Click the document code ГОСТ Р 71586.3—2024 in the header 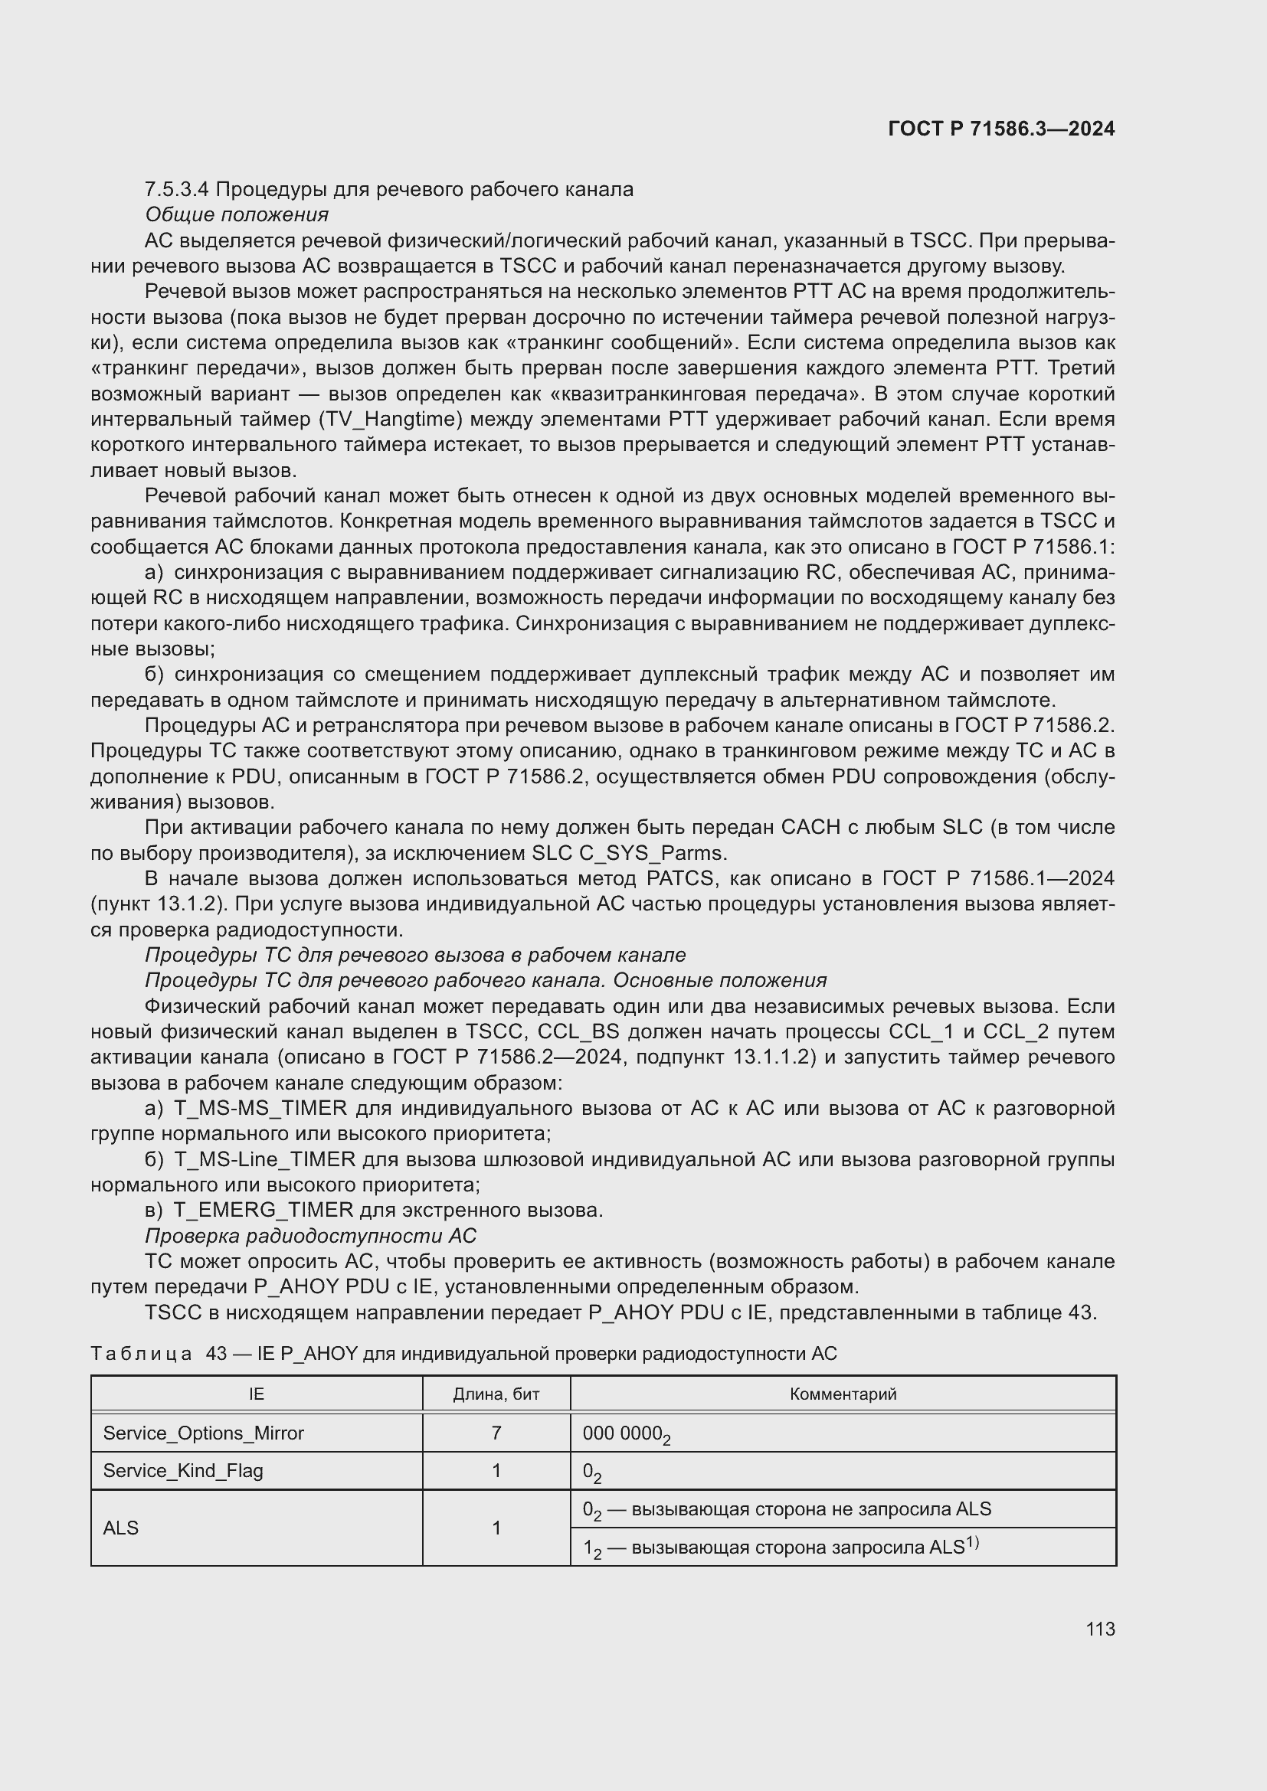(1001, 129)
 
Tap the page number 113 (1099, 1629)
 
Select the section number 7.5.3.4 (177, 190)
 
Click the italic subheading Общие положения (237, 214)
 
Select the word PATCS (679, 879)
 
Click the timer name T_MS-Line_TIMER (264, 1160)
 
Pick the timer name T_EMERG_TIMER (263, 1211)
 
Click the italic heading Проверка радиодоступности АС (310, 1237)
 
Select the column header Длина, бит (496, 1394)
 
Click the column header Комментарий (843, 1394)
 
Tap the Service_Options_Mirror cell (204, 1433)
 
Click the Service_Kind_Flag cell (183, 1471)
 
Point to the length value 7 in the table (496, 1433)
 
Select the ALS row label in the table (121, 1528)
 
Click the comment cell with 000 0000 (626, 1433)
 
